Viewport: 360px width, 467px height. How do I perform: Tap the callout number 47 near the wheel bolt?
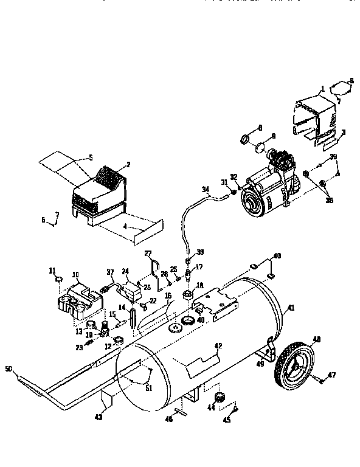click(333, 375)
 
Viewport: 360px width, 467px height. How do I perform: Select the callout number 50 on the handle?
click(9, 368)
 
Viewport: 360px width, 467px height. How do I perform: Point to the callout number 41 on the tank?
click(291, 308)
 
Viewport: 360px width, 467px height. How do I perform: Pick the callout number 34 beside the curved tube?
click(206, 189)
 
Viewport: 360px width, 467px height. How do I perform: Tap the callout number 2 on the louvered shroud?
click(128, 164)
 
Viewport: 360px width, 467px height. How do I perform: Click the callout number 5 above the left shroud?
click(90, 157)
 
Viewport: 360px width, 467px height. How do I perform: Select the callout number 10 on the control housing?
click(76, 274)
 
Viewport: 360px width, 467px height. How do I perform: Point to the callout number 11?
click(52, 271)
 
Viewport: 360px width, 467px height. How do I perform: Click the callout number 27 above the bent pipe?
click(147, 253)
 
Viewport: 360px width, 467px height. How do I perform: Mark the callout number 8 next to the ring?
click(260, 127)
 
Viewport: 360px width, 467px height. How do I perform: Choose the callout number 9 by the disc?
click(273, 136)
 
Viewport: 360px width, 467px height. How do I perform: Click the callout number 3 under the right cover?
click(343, 132)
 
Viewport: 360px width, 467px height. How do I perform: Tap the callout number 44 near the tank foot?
click(212, 407)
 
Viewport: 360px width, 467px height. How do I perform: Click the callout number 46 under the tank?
click(170, 418)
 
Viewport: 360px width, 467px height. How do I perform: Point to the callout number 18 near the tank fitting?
click(200, 285)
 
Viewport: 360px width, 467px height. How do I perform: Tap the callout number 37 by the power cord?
click(110, 271)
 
